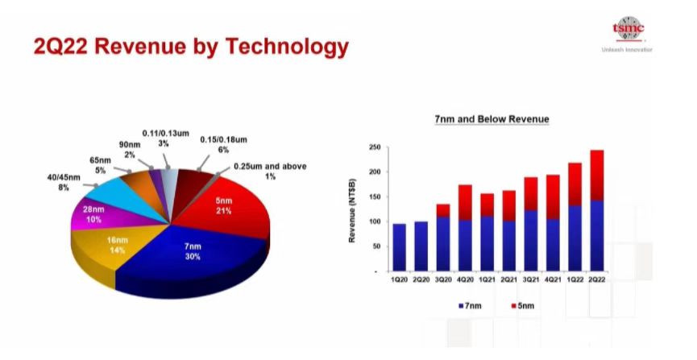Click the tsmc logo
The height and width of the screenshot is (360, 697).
628,28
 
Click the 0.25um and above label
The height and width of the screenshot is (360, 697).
270,171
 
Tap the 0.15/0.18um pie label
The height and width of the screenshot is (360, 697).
223,144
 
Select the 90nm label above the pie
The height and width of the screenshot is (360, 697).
130,149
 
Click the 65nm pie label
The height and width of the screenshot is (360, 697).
100,165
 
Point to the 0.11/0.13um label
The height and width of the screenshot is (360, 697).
165,139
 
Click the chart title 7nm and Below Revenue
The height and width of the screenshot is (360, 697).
492,119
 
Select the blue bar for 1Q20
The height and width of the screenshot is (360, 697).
399,247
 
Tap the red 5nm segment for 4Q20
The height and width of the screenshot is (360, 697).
465,202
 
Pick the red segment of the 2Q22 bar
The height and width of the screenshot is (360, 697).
596,176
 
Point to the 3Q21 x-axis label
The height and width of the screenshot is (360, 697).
531,279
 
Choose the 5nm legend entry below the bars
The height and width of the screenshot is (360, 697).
523,306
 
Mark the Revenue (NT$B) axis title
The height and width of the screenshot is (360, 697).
352,210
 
